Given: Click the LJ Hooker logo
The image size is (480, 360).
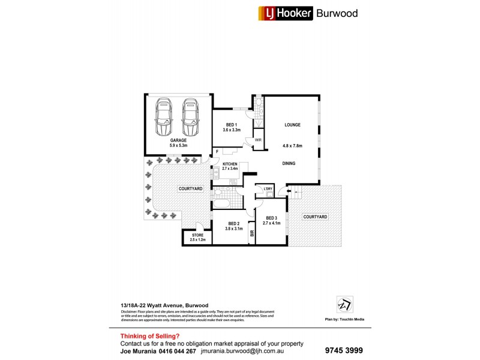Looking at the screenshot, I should (286, 13).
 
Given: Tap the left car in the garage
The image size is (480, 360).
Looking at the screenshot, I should (164, 117).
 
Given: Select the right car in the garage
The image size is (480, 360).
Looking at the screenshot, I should (191, 117).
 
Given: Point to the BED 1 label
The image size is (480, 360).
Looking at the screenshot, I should (232, 124).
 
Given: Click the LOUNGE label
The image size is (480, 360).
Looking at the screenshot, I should (292, 125).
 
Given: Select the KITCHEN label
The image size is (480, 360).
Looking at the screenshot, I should (230, 164).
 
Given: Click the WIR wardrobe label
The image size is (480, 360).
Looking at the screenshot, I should (259, 140).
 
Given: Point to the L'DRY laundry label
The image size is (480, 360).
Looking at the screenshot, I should (268, 190).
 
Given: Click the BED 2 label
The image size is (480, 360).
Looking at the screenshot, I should (233, 223).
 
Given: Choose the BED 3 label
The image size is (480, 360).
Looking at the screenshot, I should (271, 218).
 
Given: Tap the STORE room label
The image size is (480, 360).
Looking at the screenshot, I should (197, 235).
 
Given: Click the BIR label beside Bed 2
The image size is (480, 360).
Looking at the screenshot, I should (252, 235).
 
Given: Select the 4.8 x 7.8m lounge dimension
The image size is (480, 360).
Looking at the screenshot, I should (293, 146).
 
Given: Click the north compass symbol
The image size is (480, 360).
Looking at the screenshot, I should (344, 304).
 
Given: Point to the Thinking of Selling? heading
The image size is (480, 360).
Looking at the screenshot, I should (149, 336).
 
